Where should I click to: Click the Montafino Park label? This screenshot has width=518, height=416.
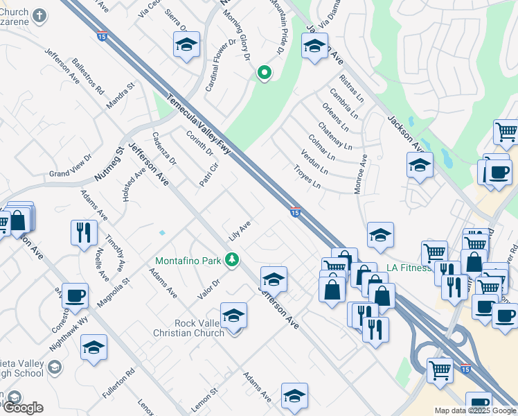[187, 261]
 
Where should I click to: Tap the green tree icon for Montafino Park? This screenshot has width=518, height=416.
[233, 260]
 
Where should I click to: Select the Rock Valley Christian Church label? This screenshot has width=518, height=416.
[189, 327]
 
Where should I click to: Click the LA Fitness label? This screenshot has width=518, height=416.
[409, 267]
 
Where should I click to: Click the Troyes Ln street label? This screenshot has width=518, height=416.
[307, 177]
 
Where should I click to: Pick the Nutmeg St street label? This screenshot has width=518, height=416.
[109, 164]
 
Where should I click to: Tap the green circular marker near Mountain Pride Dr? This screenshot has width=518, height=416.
[264, 72]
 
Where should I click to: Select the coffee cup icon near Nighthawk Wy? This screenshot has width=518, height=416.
[75, 295]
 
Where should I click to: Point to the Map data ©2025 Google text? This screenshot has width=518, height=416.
[475, 410]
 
